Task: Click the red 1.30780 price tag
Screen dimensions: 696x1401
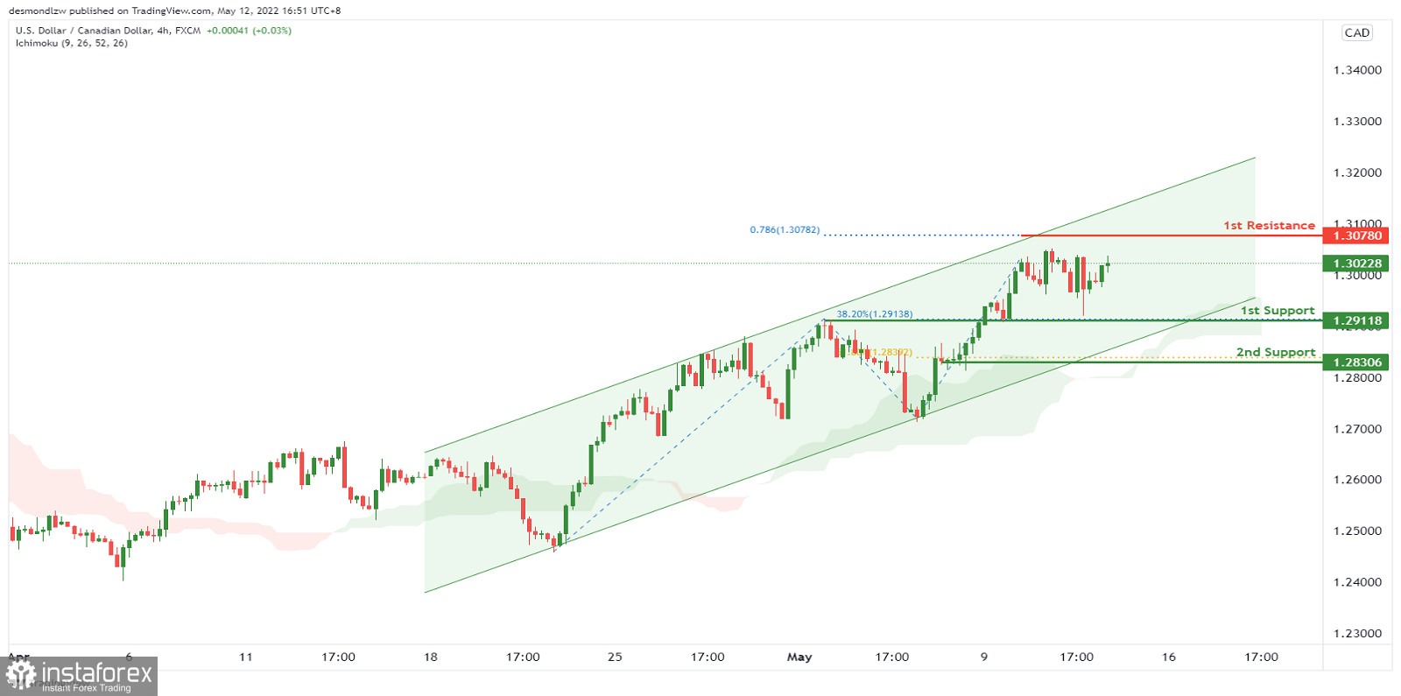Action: [1356, 236]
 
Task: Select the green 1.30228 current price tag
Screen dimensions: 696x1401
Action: [1356, 264]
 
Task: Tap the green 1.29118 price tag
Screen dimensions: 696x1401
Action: [1356, 320]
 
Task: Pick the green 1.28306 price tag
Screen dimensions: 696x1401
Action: [1356, 362]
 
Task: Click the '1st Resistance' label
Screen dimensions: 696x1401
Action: [1269, 226]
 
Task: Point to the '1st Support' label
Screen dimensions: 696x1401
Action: [1277, 311]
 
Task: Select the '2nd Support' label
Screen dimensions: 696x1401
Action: [1275, 352]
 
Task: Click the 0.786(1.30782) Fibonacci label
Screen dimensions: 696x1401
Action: [785, 230]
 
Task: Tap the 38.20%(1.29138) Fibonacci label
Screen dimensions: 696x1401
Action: [874, 314]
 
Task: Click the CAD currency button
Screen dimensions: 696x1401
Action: [1356, 33]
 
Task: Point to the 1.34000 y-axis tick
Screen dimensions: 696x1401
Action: [1357, 70]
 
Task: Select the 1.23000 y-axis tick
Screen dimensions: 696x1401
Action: [1357, 633]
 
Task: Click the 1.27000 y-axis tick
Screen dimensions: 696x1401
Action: [1357, 429]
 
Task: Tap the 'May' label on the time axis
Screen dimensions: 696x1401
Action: [799, 657]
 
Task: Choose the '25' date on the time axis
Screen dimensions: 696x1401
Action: [615, 657]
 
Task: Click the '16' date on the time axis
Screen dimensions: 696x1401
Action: [1168, 657]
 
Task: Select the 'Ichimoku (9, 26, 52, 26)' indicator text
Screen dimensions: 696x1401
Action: [72, 43]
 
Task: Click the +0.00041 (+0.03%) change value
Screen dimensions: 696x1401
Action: [249, 31]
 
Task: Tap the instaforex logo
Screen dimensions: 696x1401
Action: [80, 676]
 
